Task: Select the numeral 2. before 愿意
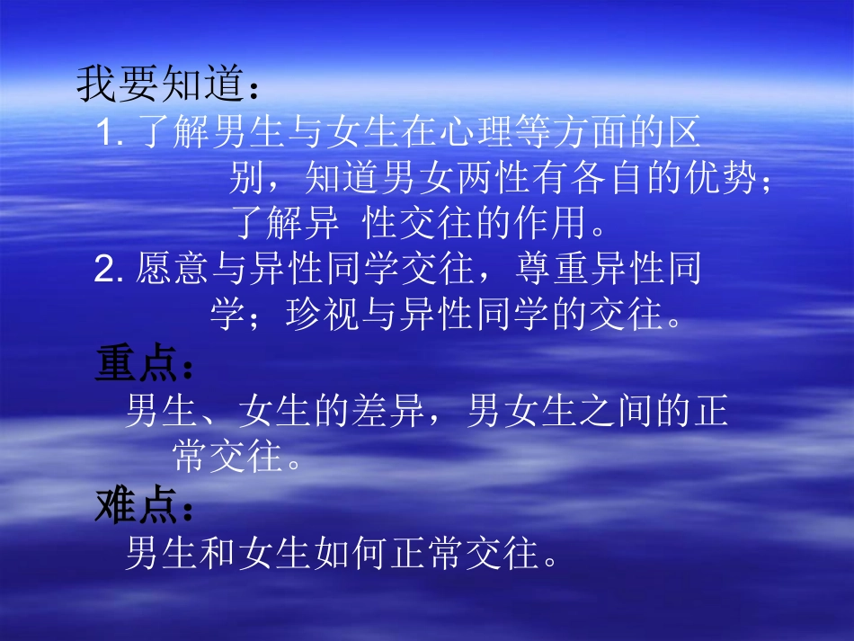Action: pyautogui.click(x=108, y=270)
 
